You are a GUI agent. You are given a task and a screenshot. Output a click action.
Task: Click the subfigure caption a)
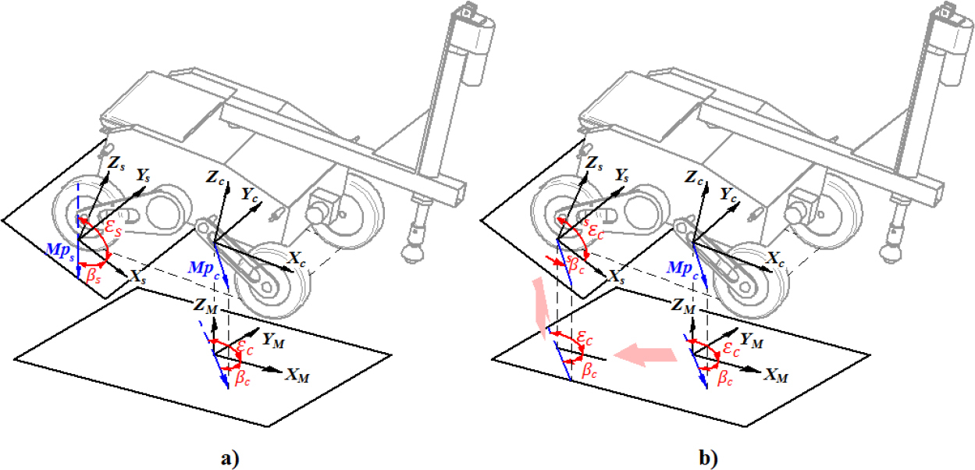230,459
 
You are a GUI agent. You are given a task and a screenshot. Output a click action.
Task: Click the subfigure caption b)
709,459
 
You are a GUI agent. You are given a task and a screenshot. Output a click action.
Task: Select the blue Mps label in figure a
60,251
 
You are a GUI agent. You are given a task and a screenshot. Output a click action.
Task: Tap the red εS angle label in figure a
112,229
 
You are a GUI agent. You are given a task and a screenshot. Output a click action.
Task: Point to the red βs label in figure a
94,276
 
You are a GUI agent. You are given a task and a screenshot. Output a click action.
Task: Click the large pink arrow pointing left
646,354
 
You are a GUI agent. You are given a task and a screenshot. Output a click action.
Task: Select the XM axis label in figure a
297,375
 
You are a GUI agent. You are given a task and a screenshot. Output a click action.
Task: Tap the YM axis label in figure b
751,340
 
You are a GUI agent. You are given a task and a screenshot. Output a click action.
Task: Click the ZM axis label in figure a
205,305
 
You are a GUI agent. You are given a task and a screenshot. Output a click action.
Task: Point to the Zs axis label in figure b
594,163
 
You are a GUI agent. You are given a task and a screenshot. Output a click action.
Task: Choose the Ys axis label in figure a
143,175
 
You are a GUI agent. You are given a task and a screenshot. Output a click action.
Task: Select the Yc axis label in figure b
728,194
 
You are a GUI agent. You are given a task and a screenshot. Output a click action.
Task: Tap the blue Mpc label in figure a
204,268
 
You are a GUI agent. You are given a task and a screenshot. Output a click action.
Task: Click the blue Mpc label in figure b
682,268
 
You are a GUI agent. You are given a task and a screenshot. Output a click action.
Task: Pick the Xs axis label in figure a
138,277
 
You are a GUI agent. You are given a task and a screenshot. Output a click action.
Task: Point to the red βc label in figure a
243,378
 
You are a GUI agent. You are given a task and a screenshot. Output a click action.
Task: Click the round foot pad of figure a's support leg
412,253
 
